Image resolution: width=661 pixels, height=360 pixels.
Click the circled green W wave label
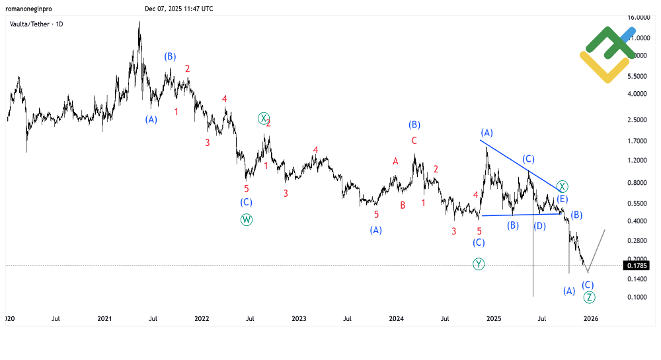pyautogui.click(x=247, y=219)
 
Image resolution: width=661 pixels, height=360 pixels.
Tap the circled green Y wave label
pyautogui.click(x=479, y=264)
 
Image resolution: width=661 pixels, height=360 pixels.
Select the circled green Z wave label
pyautogui.click(x=590, y=297)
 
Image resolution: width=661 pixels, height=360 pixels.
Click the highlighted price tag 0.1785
pyautogui.click(x=637, y=266)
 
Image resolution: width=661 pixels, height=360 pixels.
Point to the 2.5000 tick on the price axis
pyautogui.click(x=638, y=120)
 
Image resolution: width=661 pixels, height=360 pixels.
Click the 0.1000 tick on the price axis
pyautogui.click(x=638, y=297)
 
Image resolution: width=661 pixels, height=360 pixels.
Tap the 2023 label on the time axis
pyautogui.click(x=299, y=318)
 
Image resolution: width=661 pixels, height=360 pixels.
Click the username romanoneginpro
pyautogui.click(x=28, y=9)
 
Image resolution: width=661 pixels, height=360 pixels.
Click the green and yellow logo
pyautogui.click(x=607, y=54)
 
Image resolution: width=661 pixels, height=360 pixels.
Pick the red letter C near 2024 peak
pyautogui.click(x=414, y=141)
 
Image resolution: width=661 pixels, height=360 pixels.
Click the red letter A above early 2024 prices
pyautogui.click(x=395, y=161)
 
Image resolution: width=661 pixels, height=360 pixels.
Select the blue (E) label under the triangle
pyautogui.click(x=562, y=199)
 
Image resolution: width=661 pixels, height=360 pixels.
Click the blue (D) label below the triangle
pyautogui.click(x=539, y=226)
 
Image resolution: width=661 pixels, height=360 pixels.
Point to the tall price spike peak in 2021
pyautogui.click(x=139, y=24)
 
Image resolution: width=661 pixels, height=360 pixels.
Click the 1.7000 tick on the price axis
pyautogui.click(x=638, y=141)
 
